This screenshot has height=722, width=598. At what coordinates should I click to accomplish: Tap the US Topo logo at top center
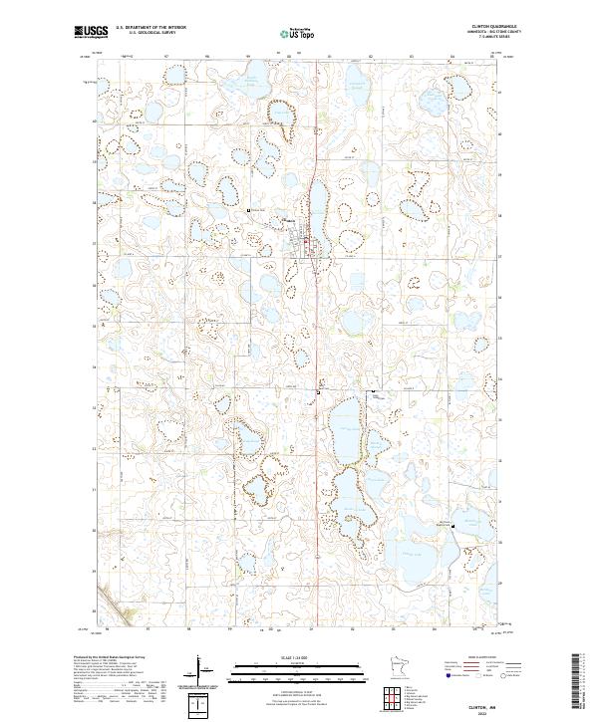point(298,33)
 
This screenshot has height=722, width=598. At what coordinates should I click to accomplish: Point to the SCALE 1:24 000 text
point(298,656)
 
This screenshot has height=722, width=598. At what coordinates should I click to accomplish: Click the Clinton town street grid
point(303,243)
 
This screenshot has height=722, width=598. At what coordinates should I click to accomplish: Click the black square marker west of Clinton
point(248,210)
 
